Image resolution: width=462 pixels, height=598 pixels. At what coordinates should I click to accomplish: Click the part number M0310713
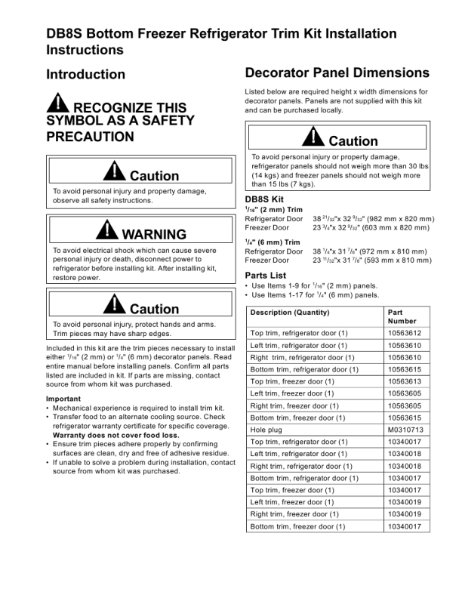[x=405, y=430]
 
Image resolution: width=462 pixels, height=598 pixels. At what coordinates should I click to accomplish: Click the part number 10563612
[x=405, y=333]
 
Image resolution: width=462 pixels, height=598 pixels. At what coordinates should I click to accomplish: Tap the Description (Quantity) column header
[x=290, y=312]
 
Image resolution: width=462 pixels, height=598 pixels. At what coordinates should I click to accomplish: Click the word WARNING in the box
[x=154, y=234]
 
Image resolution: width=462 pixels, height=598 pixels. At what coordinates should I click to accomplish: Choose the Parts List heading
[x=266, y=275]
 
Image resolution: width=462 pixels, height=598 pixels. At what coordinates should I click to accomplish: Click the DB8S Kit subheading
[x=263, y=198]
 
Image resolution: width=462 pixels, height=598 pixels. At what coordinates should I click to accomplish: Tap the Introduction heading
[x=86, y=74]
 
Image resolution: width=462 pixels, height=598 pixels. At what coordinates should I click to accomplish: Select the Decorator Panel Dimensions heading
[x=337, y=73]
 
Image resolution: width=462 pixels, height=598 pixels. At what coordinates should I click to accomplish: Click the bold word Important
[x=63, y=399]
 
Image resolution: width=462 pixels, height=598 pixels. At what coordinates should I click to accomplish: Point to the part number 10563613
[x=405, y=381]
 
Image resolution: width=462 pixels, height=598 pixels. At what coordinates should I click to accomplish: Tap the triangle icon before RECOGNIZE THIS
[x=57, y=103]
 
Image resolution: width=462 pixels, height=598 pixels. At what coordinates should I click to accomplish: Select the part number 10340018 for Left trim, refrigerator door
[x=405, y=454]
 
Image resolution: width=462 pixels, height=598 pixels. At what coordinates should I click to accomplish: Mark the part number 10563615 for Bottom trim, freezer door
[x=405, y=418]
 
